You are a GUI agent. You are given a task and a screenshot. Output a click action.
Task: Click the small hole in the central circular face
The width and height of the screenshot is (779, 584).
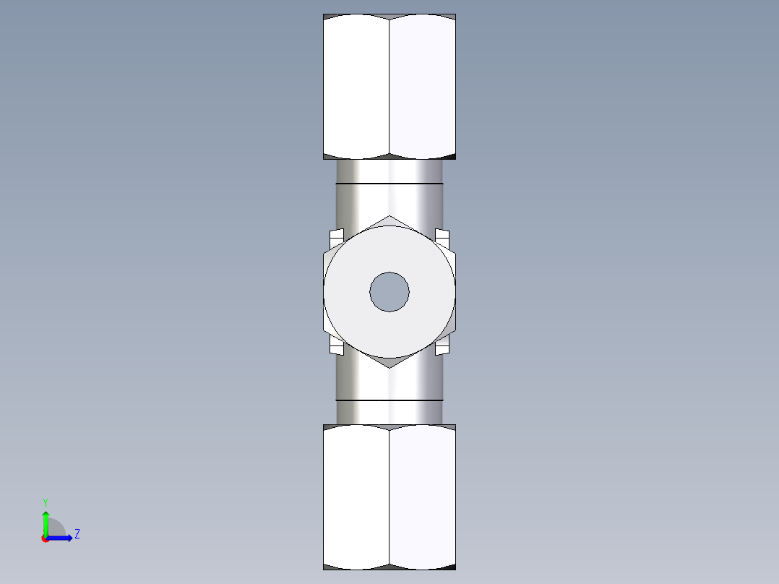pyautogui.click(x=389, y=292)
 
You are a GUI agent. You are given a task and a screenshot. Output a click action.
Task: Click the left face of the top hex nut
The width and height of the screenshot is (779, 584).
pyautogui.click(x=356, y=85)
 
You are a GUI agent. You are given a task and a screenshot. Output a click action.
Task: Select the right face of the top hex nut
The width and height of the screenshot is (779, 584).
pyautogui.click(x=423, y=85)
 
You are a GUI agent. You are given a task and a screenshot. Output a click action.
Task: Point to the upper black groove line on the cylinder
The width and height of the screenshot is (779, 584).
pyautogui.click(x=389, y=184)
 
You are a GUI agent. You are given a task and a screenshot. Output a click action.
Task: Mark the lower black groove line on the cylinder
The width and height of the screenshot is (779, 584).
pyautogui.click(x=389, y=400)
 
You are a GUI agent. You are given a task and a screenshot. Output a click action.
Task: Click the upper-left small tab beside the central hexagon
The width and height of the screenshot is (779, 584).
pyautogui.click(x=336, y=236)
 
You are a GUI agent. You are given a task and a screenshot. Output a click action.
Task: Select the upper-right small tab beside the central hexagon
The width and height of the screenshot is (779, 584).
pyautogui.click(x=443, y=236)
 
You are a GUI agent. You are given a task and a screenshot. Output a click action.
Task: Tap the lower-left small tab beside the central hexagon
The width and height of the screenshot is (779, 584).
pyautogui.click(x=336, y=348)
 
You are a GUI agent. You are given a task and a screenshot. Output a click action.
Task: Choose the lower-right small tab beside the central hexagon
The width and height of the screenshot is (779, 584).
pyautogui.click(x=443, y=348)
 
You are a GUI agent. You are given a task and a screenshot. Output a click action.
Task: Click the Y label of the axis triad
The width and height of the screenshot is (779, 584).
pyautogui.click(x=45, y=502)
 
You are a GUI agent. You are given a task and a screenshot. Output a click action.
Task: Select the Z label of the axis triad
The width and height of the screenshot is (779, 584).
pyautogui.click(x=77, y=534)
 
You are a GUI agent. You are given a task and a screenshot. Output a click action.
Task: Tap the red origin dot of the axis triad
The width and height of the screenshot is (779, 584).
pyautogui.click(x=46, y=538)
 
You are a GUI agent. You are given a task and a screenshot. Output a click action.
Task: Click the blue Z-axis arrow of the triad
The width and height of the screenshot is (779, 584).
pyautogui.click(x=61, y=538)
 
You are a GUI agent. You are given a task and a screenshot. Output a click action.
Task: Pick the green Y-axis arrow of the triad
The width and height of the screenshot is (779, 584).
pyautogui.click(x=46, y=522)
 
